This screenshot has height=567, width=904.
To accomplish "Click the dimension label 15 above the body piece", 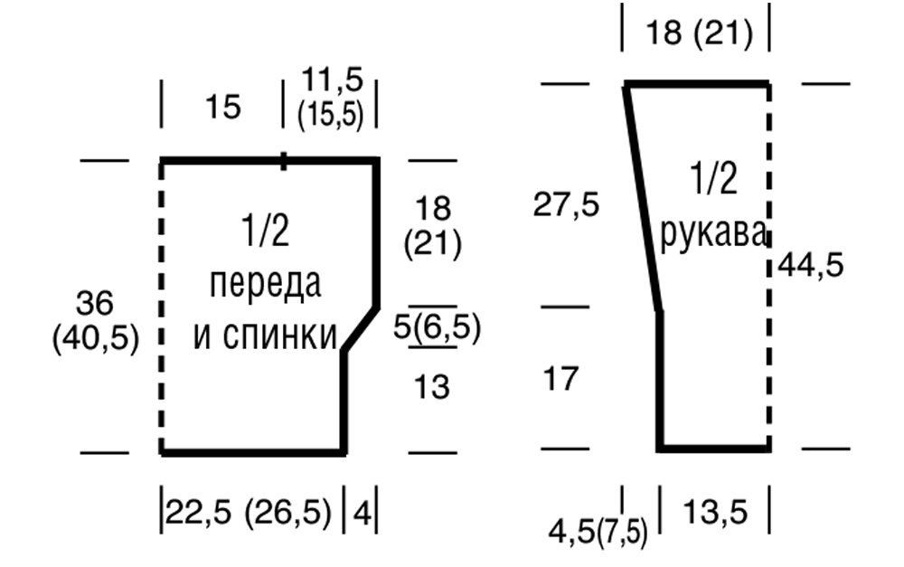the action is tap(222, 108).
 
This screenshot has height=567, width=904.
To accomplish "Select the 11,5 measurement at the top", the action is tap(330, 81).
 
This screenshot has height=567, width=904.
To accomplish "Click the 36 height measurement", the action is tap(95, 302).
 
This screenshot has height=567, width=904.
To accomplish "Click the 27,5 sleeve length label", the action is tap(566, 205).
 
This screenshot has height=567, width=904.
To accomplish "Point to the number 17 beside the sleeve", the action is tap(560, 379).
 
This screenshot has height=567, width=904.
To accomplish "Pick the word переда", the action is tap(265, 284).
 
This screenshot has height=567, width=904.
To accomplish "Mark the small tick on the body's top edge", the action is tap(284, 161).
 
